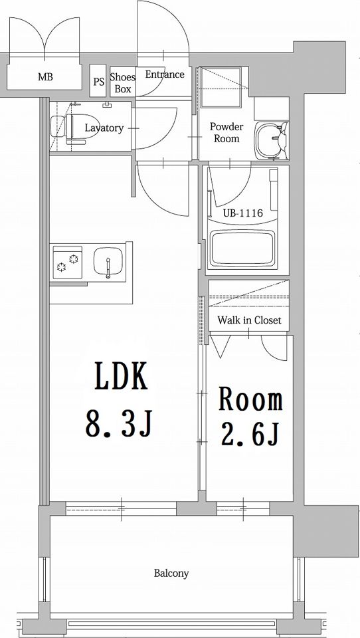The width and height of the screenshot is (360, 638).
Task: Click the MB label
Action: [x=45, y=76]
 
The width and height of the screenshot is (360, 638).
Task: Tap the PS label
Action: [x=98, y=82]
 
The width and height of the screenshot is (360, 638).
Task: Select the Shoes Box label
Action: [x=123, y=82]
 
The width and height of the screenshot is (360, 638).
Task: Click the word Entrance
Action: [x=165, y=74]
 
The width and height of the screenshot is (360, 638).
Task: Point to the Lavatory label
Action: [x=104, y=128]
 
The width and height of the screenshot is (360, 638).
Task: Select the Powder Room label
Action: [x=226, y=133]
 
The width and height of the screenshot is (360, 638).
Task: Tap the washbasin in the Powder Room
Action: [x=271, y=140]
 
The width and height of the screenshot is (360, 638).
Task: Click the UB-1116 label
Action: [x=242, y=213]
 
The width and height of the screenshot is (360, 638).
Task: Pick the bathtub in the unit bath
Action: [x=242, y=248]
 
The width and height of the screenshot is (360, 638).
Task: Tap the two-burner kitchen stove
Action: [x=68, y=263]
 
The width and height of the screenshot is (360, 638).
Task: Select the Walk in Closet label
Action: [x=249, y=320]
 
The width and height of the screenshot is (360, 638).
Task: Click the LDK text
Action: [x=121, y=376]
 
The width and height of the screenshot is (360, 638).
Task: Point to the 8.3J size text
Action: [x=119, y=424]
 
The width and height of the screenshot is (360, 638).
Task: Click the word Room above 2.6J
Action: [x=250, y=399]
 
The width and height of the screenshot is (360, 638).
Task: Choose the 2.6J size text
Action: [x=250, y=435]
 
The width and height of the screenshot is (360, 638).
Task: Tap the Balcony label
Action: [x=171, y=574]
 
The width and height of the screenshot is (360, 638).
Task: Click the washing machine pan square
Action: [x=221, y=87]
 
